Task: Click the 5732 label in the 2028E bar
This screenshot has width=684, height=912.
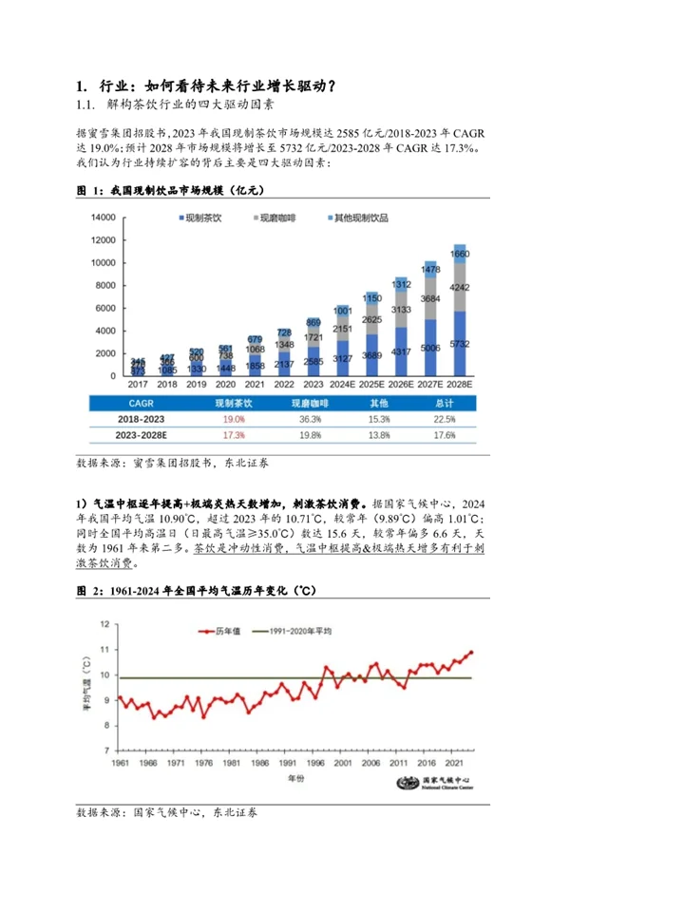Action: pyautogui.click(x=459, y=343)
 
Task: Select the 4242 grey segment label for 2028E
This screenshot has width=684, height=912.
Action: pyautogui.click(x=459, y=285)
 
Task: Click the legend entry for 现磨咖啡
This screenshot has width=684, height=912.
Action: pyautogui.click(x=280, y=218)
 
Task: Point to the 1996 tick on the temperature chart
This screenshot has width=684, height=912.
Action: pyautogui.click(x=289, y=764)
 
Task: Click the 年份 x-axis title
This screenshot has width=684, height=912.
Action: pyautogui.click(x=296, y=778)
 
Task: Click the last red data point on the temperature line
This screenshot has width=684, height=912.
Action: pyautogui.click(x=471, y=653)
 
